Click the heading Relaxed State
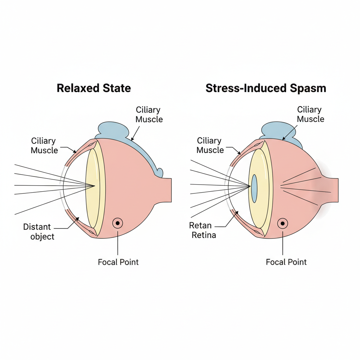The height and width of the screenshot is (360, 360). tap(94, 88)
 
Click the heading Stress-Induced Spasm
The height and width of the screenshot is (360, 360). tap(266, 88)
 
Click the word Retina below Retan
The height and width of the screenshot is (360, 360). tap(204, 235)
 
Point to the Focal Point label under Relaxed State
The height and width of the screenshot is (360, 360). tap(118, 262)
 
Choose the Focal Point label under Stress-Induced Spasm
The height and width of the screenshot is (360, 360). tap(286, 262)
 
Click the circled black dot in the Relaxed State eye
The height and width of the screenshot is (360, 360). tap(118, 223)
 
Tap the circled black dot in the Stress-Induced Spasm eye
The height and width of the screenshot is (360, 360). tap(282, 223)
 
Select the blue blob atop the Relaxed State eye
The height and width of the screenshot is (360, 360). tap(116, 132)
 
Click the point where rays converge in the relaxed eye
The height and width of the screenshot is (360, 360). tap(94, 186)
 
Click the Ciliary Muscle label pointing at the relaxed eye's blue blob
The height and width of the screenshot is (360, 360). tap(149, 115)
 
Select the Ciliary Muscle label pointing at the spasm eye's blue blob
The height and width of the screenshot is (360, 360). tap(310, 114)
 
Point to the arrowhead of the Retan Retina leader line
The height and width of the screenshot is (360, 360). tap(238, 212)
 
